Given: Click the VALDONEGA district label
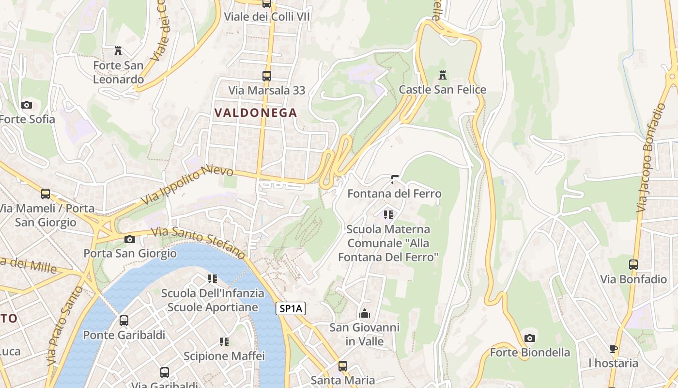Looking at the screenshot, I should [255, 113].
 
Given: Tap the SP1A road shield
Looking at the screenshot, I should [291, 308].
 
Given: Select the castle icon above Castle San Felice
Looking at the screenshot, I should [442, 75].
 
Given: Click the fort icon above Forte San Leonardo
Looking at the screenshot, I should [118, 50].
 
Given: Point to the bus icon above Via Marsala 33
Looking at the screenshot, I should [266, 76].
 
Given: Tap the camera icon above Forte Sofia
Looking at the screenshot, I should [27, 105].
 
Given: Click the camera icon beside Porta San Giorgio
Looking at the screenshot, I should [129, 239].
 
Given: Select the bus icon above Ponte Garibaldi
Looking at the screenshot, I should [124, 321].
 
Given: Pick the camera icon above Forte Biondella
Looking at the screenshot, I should [530, 338].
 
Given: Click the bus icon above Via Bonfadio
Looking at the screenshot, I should [633, 265].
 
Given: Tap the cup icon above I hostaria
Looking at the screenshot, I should [614, 349].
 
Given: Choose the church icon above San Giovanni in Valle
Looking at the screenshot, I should [365, 313].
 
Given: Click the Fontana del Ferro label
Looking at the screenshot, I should [394, 194].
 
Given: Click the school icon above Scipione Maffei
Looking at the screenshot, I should [224, 342].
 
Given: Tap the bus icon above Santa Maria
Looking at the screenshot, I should [343, 366].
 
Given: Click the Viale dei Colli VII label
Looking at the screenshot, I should [266, 17].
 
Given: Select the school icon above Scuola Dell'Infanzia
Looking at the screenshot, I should [212, 279].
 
